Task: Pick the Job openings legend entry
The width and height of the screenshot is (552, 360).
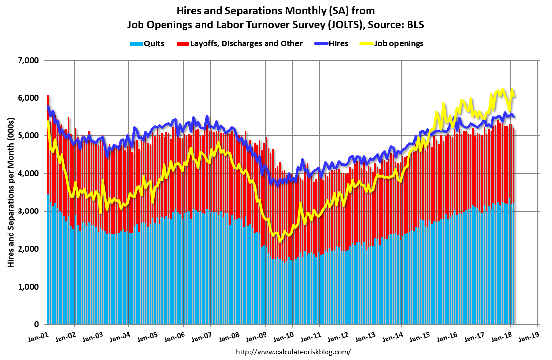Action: click(398, 43)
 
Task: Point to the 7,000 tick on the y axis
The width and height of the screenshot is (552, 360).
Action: click(28, 60)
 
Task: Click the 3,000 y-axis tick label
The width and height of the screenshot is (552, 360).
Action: click(28, 211)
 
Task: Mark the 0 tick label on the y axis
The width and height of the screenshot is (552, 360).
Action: click(36, 324)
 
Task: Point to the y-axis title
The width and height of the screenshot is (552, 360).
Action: click(10, 192)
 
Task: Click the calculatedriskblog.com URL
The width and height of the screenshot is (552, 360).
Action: click(293, 352)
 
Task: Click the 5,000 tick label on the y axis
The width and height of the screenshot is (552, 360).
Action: click(28, 136)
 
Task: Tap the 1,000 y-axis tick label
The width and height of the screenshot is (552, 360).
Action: click(28, 287)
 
